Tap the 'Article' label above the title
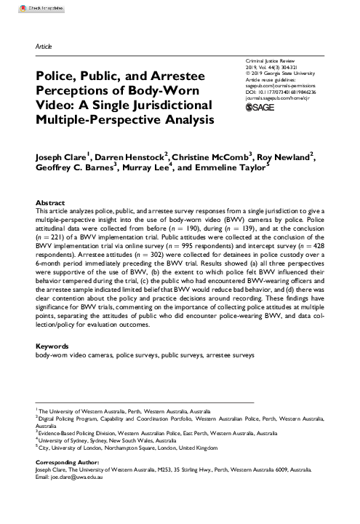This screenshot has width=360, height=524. [x=44, y=45]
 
